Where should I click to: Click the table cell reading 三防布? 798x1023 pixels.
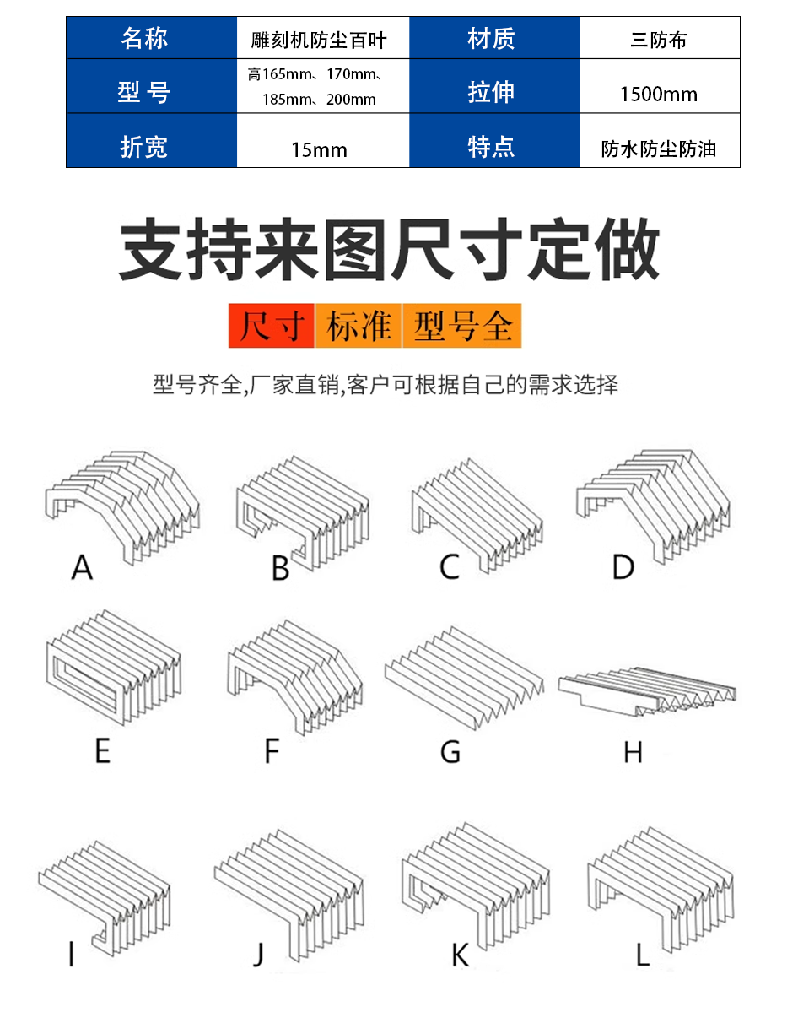coord(659,38)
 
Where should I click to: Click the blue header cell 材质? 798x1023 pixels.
coord(494,38)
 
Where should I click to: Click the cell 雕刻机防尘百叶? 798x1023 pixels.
coord(323,38)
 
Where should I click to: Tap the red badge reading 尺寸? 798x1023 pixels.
coord(271,326)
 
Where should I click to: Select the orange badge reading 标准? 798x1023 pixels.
coord(358,326)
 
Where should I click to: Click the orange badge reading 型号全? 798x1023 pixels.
coord(461,326)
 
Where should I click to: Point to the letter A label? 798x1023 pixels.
coord(82,567)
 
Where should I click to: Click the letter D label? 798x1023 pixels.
coord(623,567)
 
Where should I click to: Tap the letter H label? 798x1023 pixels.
coord(633,752)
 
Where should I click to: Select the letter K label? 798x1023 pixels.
coord(461,955)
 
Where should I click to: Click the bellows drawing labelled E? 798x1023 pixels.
coord(113,668)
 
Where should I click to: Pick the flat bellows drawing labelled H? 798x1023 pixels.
coord(648,691)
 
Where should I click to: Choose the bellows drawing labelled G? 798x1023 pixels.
coord(464,678)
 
